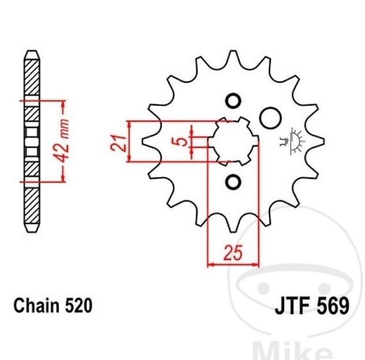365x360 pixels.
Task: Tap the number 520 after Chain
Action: (x=78, y=305)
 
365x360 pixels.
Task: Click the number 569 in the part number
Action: (x=333, y=306)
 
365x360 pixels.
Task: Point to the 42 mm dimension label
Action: (x=62, y=141)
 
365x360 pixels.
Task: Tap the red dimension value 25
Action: (x=233, y=253)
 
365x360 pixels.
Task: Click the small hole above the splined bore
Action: (x=233, y=101)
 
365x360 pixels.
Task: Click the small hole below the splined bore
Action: (x=233, y=181)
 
